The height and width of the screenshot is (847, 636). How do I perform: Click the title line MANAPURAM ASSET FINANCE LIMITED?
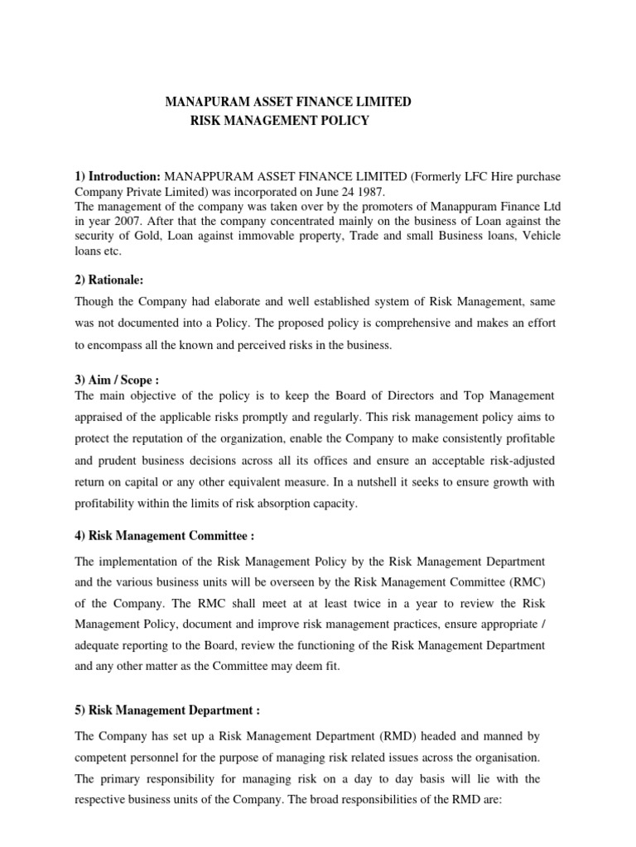288,103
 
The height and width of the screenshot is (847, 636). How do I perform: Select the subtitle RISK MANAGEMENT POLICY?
280,122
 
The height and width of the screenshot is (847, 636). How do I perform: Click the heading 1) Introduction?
118,177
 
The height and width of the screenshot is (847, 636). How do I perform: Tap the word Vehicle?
539,237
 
